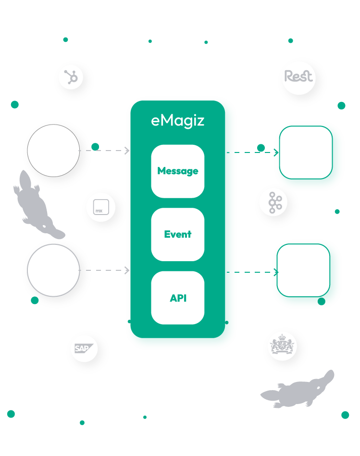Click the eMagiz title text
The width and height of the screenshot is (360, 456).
point(178,121)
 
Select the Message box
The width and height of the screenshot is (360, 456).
point(178,171)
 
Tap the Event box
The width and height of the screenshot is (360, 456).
point(178,234)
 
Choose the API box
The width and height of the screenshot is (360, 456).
point(178,298)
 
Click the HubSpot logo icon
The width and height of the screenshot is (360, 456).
point(71,77)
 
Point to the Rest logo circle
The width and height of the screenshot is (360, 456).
point(298,76)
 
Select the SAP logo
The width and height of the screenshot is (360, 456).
point(84,348)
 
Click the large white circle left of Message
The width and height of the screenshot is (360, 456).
point(53,150)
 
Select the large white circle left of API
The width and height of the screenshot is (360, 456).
point(53,270)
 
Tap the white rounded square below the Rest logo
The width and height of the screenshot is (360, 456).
point(306,152)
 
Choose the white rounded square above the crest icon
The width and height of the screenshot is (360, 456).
point(303,270)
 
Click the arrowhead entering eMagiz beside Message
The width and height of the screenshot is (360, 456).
point(127,151)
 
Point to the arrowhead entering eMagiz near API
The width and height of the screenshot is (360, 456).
point(127,271)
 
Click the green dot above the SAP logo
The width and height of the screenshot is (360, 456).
point(35,301)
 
